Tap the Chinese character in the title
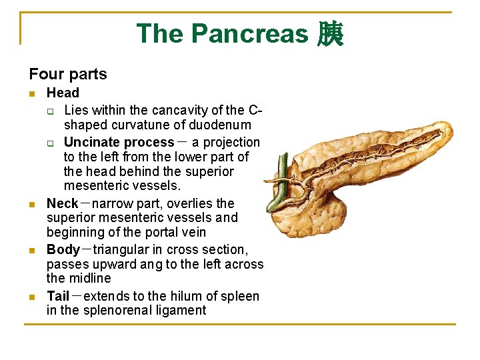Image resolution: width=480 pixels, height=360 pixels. [330, 34]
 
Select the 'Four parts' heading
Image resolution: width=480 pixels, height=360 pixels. [68, 74]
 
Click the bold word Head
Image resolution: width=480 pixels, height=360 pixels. [63, 93]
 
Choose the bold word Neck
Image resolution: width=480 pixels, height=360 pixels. [63, 203]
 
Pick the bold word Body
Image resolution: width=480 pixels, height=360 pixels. [63, 249]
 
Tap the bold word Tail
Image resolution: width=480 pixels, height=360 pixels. [58, 296]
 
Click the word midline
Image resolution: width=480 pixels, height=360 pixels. [90, 278]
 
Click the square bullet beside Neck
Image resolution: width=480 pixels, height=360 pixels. [32, 204]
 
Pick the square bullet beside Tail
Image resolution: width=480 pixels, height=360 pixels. [32, 297]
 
